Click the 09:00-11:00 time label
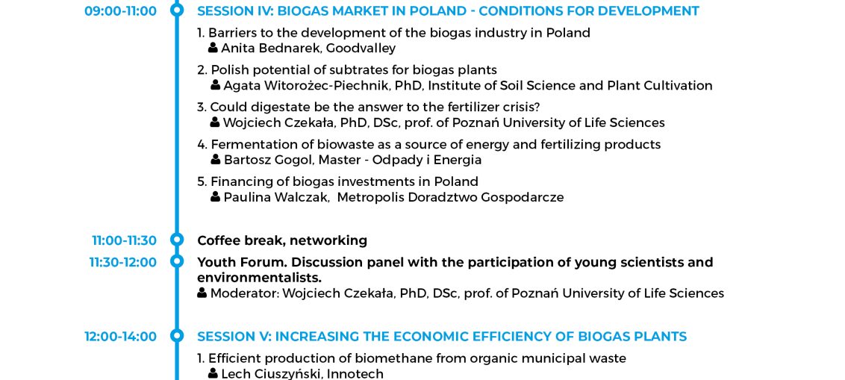pos(120,10)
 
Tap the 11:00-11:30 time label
pos(124,240)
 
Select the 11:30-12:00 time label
pos(123,263)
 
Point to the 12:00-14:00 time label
pos(120,337)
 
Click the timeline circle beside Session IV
pos(177,10)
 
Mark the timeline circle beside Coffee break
pos(177,240)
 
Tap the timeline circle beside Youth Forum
pos(177,261)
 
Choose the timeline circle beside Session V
pos(177,335)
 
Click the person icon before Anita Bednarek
pos(213,48)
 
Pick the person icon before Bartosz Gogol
pos(216,160)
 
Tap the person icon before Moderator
pos(202,293)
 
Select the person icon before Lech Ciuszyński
pos(213,373)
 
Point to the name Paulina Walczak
pos(276,197)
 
